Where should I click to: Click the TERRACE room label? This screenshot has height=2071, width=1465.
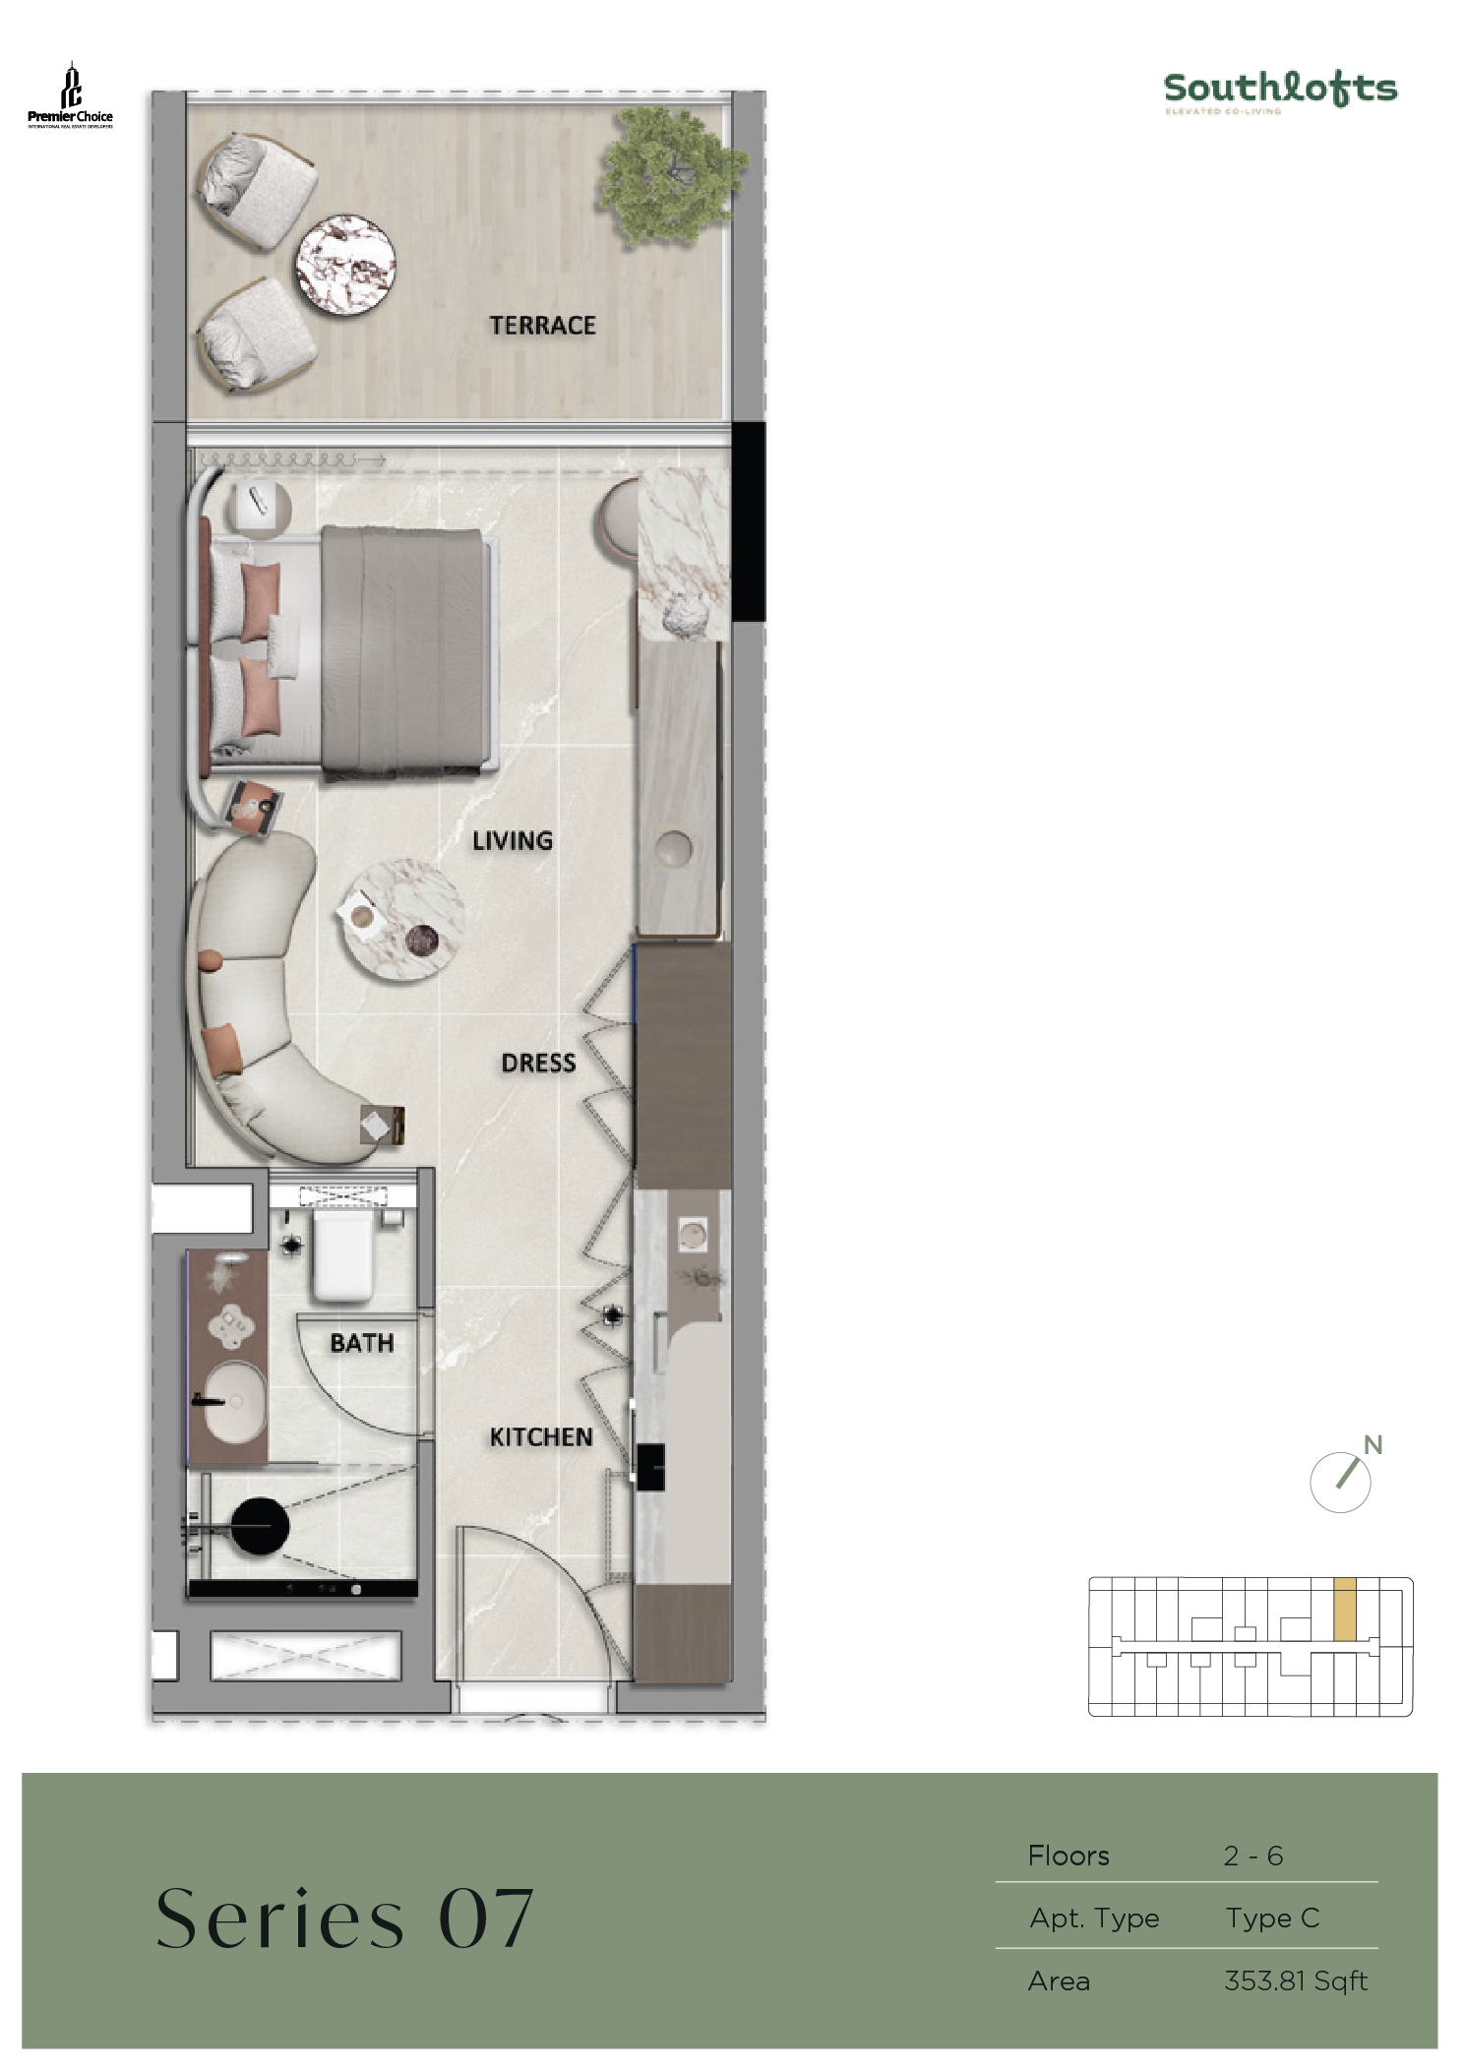[542, 325]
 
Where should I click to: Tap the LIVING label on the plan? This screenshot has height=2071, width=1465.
[512, 840]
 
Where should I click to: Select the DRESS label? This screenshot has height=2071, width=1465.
[538, 1063]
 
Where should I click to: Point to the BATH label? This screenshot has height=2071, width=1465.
[361, 1343]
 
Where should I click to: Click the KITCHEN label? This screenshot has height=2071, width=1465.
[541, 1437]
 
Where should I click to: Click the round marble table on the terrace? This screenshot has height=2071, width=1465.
[346, 264]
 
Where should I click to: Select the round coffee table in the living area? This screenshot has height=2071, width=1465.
[400, 919]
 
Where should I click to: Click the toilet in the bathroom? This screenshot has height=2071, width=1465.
[342, 1254]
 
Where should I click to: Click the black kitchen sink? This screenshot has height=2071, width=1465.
[650, 1467]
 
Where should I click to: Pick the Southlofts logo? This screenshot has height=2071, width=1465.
[1280, 91]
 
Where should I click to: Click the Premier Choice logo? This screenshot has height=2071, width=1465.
[70, 97]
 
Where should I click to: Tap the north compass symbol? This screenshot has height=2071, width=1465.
[1342, 1479]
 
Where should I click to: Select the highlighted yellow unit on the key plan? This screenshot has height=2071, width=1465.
[1344, 1609]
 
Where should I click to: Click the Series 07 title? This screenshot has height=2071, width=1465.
[344, 1919]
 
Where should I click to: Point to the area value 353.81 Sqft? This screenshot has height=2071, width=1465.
[1295, 1980]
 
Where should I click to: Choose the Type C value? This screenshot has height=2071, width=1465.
[1271, 1918]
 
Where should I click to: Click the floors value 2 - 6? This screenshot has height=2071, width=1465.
[1252, 1856]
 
